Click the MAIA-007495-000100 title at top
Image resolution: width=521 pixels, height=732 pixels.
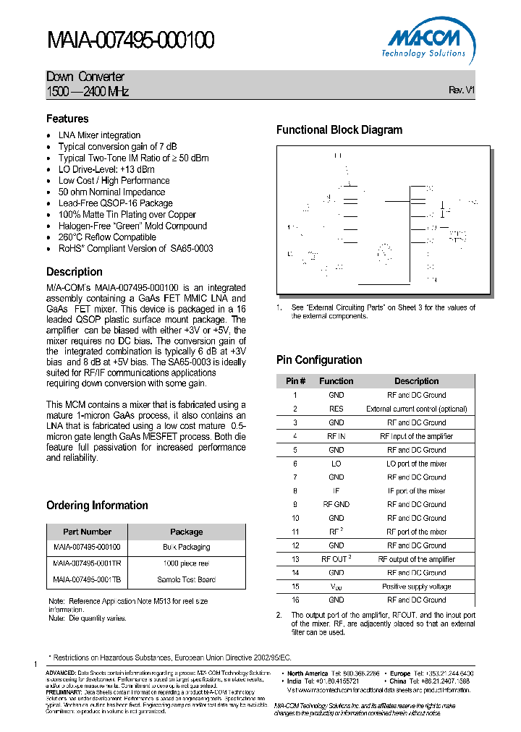click(130, 41)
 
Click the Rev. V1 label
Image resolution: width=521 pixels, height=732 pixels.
click(461, 90)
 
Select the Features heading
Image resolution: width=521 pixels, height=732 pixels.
click(67, 119)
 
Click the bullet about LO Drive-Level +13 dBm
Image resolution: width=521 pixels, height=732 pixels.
click(106, 169)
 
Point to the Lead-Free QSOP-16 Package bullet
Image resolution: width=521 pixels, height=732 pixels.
click(115, 203)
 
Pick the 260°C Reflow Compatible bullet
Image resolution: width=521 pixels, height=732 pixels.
click(107, 237)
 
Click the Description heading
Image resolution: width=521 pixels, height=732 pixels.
click(75, 272)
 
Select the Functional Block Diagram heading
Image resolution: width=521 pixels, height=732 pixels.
click(339, 130)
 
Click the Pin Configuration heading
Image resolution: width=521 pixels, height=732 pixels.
click(319, 360)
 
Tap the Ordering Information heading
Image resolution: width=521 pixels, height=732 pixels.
click(97, 506)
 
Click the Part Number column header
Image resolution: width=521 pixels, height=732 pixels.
click(87, 532)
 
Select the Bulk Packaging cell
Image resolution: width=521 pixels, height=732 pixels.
click(186, 548)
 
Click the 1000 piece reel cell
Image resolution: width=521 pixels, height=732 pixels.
click(186, 563)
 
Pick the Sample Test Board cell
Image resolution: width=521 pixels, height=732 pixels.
click(186, 579)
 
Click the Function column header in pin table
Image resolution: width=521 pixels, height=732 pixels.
click(336, 381)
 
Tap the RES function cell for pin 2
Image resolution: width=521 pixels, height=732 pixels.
click(336, 409)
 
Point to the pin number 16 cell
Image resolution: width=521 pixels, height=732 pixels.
click(295, 600)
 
